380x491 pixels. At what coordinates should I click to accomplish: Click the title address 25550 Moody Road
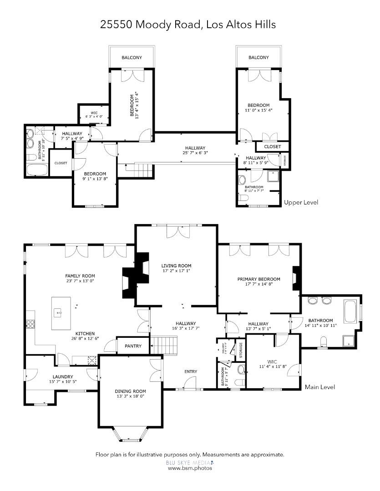click(150, 25)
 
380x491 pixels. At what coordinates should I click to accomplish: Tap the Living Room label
click(176, 266)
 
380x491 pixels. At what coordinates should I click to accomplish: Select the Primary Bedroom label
click(258, 279)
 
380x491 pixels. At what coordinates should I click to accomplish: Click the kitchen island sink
click(59, 312)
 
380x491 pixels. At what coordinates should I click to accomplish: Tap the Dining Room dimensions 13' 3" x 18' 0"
click(130, 396)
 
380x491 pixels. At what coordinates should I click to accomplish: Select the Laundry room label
click(63, 376)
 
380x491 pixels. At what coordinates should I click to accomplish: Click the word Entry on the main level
click(191, 371)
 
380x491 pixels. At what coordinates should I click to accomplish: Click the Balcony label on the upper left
click(132, 58)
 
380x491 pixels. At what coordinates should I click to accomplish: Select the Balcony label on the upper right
click(258, 58)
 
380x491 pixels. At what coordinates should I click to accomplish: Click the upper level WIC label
click(94, 113)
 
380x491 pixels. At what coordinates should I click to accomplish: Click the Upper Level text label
click(301, 202)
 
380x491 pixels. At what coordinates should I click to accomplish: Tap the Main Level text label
click(319, 387)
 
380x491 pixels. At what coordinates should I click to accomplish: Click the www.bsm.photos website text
click(190, 467)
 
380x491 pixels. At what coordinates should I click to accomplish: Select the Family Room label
click(80, 276)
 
